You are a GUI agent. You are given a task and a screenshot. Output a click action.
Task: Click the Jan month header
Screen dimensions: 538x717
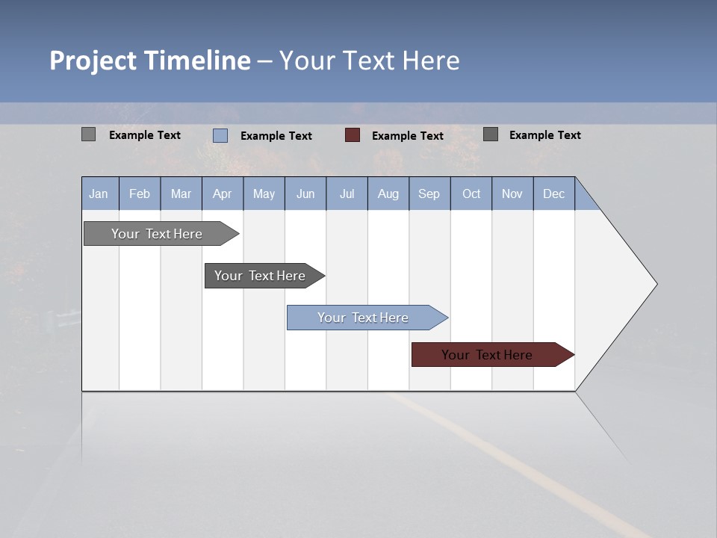click(x=99, y=194)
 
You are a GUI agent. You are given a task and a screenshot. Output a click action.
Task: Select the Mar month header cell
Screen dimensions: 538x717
click(x=181, y=194)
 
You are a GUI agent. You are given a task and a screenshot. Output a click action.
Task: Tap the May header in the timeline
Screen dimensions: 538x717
click(x=264, y=194)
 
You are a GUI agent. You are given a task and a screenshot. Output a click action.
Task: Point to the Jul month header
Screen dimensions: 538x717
click(x=347, y=194)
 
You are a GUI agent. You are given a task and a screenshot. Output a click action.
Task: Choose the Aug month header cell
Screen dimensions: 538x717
click(x=388, y=194)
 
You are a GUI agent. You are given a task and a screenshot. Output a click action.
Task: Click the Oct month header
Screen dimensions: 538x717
click(x=471, y=194)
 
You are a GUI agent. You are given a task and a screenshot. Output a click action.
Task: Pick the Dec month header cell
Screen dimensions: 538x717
click(x=553, y=194)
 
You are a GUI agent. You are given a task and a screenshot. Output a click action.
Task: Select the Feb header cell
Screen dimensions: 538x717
click(x=140, y=194)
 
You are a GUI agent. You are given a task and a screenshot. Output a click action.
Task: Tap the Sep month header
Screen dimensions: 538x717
click(x=429, y=194)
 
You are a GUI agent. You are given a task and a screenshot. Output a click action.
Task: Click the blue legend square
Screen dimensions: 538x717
click(x=220, y=135)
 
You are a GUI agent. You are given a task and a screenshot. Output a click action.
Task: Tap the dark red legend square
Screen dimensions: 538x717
click(x=353, y=135)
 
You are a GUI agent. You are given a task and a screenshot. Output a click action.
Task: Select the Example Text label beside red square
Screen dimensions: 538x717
click(x=408, y=136)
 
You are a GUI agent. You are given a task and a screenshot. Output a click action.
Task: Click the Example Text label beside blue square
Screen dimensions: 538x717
click(x=276, y=136)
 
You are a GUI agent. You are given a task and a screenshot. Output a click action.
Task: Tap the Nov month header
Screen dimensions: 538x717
click(x=512, y=194)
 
